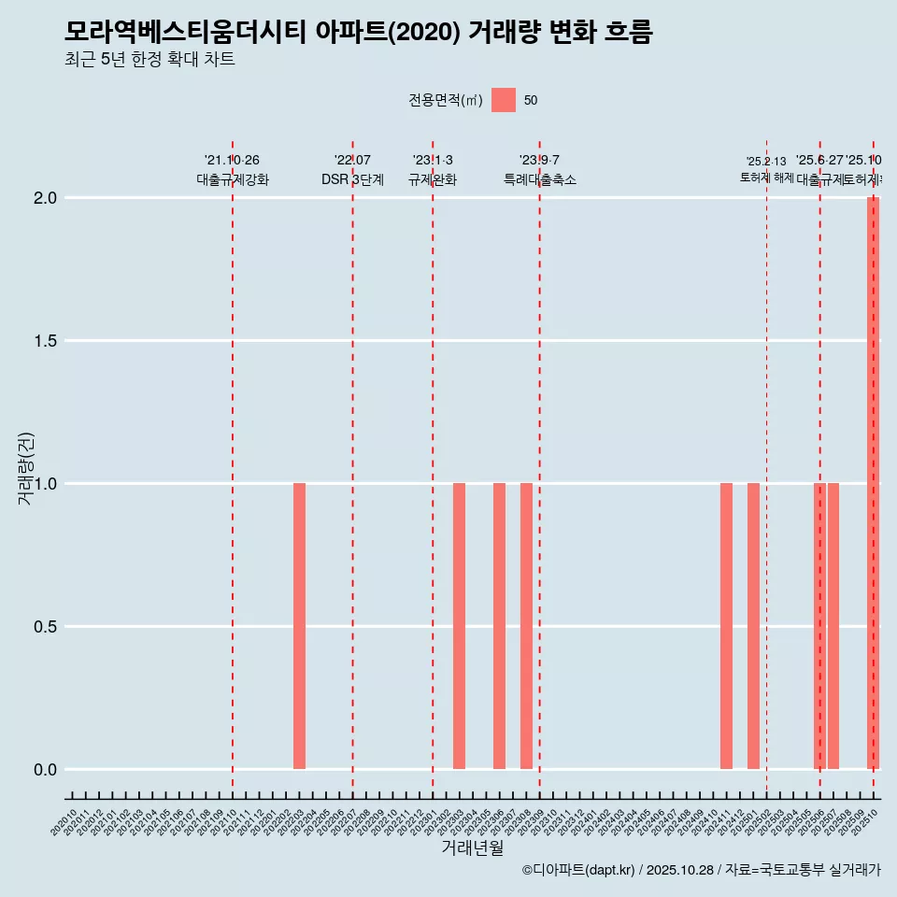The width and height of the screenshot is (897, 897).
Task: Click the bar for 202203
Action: pyautogui.click(x=299, y=626)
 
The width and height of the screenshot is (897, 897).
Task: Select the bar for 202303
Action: pyautogui.click(x=459, y=626)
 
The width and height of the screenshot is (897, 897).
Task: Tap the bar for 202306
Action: pyautogui.click(x=499, y=626)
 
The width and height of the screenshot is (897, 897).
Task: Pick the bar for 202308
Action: pyautogui.click(x=526, y=626)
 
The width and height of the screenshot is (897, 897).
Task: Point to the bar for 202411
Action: pyautogui.click(x=726, y=626)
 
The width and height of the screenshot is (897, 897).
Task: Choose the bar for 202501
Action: pyautogui.click(x=753, y=626)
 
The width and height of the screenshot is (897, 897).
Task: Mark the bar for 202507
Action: pyautogui.click(x=833, y=626)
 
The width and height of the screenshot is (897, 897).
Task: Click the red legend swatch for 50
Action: pyautogui.click(x=504, y=100)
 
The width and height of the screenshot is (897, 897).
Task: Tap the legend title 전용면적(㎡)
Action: pyautogui.click(x=446, y=100)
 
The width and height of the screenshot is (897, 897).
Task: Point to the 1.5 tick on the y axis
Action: pyautogui.click(x=46, y=341)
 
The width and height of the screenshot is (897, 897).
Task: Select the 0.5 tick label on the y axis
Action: pyautogui.click(x=46, y=627)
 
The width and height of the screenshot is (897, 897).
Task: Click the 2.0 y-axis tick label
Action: pyautogui.click(x=46, y=198)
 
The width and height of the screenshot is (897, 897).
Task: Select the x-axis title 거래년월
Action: pyautogui.click(x=473, y=848)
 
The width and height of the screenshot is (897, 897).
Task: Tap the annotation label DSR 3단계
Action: pyautogui.click(x=352, y=179)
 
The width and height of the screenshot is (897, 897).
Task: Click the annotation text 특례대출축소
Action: pyautogui.click(x=540, y=179)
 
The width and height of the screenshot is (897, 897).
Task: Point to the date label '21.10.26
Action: pyautogui.click(x=232, y=160)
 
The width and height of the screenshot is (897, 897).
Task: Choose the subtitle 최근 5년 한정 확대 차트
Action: pyautogui.click(x=149, y=59)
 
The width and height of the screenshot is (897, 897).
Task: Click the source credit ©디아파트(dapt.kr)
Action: pyautogui.click(x=578, y=870)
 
